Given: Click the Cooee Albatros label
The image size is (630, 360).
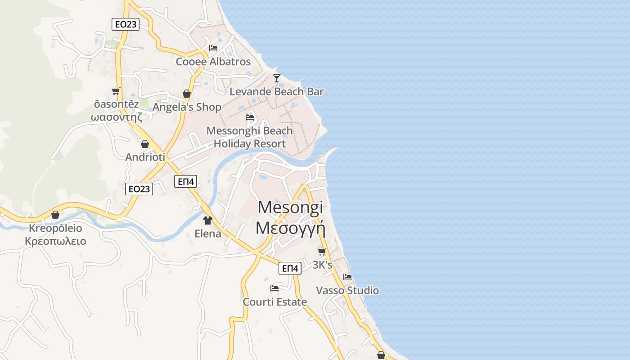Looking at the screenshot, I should pyautogui.click(x=213, y=62).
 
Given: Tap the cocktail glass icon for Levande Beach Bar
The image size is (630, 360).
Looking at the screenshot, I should pyautogui.click(x=277, y=78).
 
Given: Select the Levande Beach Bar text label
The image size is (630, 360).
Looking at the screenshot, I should pyautogui.click(x=276, y=92).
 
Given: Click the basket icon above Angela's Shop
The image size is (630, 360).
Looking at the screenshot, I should pyautogui.click(x=187, y=94).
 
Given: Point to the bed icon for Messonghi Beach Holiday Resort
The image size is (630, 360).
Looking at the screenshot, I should pyautogui.click(x=250, y=117).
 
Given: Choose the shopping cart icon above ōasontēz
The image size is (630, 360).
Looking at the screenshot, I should pyautogui.click(x=116, y=91).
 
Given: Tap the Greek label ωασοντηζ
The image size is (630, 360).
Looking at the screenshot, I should pyautogui.click(x=117, y=117).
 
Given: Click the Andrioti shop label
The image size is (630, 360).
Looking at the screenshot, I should pyautogui.click(x=145, y=157).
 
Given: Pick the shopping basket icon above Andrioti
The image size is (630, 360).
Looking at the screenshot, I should pyautogui.click(x=145, y=144).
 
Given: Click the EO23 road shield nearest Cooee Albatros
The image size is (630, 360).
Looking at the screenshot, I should pyautogui.click(x=126, y=24).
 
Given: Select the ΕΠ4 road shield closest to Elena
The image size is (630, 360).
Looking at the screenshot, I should pyautogui.click(x=186, y=181).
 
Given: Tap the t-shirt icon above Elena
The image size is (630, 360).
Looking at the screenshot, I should pyautogui.click(x=207, y=220).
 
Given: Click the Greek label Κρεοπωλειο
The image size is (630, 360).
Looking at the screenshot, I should pyautogui.click(x=55, y=241).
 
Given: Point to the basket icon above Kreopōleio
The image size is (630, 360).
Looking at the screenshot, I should pyautogui.click(x=55, y=215).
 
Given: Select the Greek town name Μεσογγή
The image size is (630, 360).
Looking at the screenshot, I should pyautogui.click(x=290, y=228).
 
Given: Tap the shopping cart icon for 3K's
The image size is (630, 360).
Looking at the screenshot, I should pyautogui.click(x=322, y=252).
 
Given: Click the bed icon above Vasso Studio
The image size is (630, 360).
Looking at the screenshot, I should pyautogui.click(x=347, y=277).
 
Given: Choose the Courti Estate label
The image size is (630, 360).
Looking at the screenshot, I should pyautogui.click(x=274, y=302).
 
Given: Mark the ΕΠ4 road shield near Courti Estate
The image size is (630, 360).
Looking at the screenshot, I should pyautogui.click(x=289, y=268).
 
